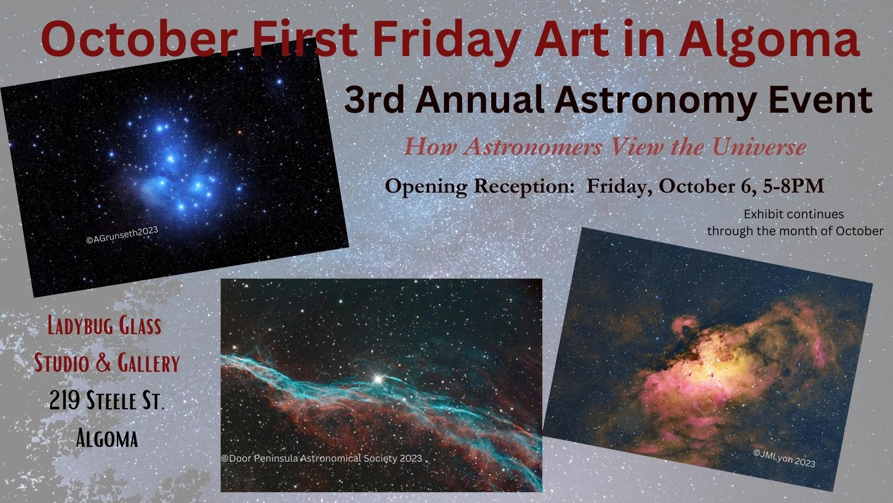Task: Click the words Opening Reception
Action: pos(479,187)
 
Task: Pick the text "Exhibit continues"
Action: pos(794,214)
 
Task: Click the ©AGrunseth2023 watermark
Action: pos(122,235)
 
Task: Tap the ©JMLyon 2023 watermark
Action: pos(784,458)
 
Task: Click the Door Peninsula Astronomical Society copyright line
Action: pos(321,458)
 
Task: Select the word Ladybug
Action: pos(77,327)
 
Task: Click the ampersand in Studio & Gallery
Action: pos(105,363)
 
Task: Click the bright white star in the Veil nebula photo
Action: pos(377,379)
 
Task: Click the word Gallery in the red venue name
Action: pos(148,363)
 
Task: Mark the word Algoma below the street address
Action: pos(107,438)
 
